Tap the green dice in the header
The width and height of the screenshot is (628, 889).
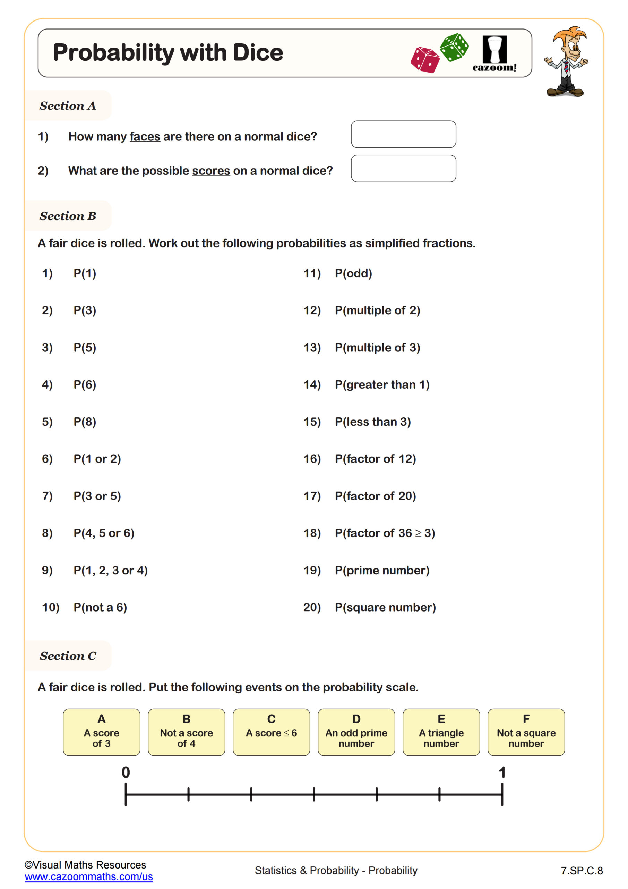(x=454, y=47)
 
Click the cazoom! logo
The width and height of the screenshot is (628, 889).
(x=494, y=54)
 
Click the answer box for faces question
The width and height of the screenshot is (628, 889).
(x=403, y=134)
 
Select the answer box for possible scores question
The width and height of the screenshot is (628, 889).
(x=403, y=168)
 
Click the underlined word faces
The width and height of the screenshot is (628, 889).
(x=145, y=137)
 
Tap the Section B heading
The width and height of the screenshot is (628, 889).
(x=68, y=216)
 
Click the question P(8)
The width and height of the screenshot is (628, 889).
(x=85, y=422)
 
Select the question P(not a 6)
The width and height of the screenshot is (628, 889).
(x=100, y=607)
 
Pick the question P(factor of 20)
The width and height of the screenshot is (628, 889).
(x=375, y=496)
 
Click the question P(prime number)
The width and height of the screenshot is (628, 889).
(x=382, y=570)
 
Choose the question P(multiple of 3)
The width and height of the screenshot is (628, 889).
(x=377, y=348)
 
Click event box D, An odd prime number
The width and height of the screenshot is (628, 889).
(x=356, y=732)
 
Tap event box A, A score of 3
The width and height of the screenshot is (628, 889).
(x=101, y=732)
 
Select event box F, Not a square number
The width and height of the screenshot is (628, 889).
(x=526, y=732)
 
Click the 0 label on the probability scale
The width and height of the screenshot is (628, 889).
(x=126, y=772)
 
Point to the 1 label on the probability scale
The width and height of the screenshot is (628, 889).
(x=502, y=772)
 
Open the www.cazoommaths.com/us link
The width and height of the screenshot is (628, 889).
(x=88, y=876)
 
